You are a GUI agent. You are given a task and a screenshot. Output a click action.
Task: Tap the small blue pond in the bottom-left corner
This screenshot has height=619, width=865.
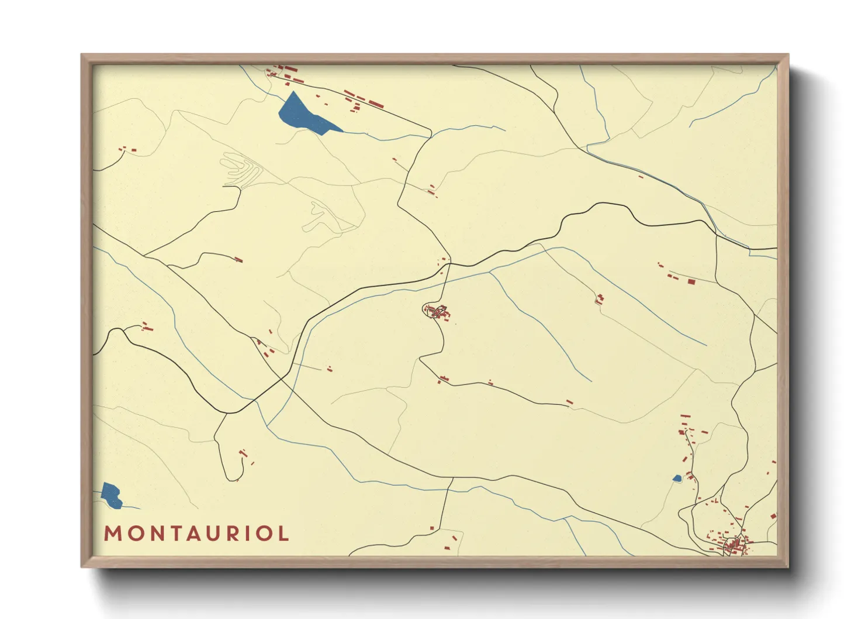coord(110,493)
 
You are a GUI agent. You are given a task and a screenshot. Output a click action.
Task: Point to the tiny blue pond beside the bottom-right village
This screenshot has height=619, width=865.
coord(677,479)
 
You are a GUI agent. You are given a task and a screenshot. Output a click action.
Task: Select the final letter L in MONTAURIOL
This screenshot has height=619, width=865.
coord(283,534)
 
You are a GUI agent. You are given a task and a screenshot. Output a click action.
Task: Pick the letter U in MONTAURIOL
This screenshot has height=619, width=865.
coord(210,534)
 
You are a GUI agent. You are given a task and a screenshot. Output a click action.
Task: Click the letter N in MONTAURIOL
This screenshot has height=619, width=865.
coord(151,534)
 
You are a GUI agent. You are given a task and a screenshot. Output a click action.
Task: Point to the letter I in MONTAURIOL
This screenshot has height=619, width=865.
coord(245,534)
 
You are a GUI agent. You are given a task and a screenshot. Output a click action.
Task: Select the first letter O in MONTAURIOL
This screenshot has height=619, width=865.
coord(132,534)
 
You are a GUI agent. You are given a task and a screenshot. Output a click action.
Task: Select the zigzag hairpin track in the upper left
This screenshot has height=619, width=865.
coord(241,168)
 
